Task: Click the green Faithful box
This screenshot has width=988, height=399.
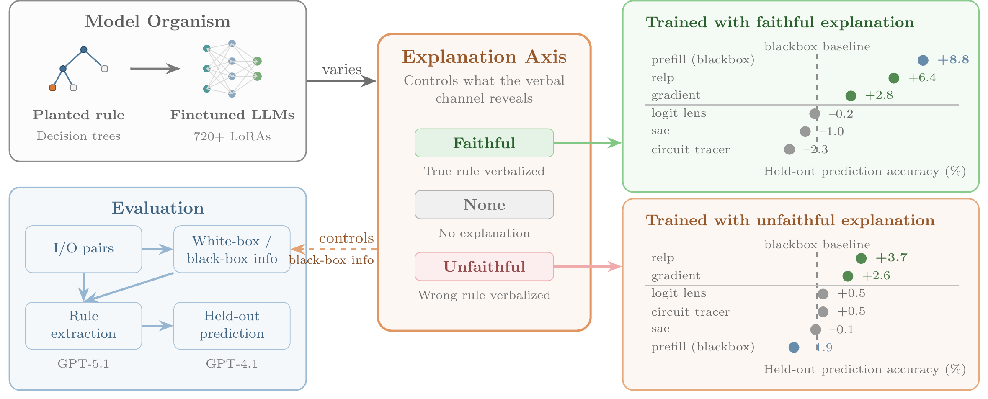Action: (484, 143)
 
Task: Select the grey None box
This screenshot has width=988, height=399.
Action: (484, 205)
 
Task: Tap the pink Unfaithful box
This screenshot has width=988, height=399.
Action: (484, 267)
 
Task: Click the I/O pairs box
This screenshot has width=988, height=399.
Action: (83, 249)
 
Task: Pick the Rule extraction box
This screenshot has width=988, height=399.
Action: (83, 325)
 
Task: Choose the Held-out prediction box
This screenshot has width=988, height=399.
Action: (232, 325)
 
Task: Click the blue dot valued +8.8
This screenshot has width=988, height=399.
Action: (923, 60)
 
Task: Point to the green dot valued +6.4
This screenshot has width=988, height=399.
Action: (893, 78)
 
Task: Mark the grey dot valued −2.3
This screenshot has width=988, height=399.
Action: (789, 149)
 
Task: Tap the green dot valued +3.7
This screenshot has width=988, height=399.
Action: (861, 258)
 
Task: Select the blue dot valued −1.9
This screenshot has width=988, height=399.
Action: (794, 348)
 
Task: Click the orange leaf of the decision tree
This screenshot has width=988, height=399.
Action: (52, 88)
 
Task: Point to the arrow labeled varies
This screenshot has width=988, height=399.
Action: (341, 81)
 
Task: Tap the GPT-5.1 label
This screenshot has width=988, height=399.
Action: (83, 363)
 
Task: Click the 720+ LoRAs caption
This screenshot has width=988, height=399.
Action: (232, 136)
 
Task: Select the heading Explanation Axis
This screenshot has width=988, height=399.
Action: (484, 57)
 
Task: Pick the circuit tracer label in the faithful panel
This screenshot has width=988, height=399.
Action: (690, 149)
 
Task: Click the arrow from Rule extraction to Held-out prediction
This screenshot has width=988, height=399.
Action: (157, 325)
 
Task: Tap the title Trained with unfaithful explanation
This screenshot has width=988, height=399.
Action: (790, 220)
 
